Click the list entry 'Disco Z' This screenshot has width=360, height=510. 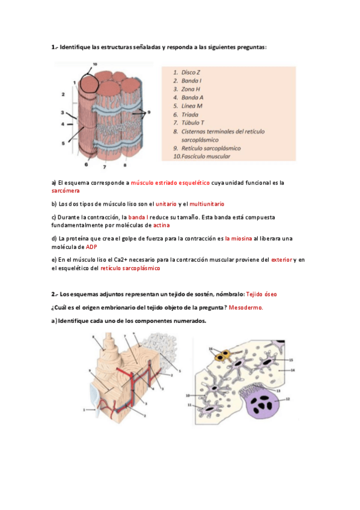191,72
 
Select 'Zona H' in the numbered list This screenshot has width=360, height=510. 191,89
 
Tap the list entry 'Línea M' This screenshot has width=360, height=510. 192,106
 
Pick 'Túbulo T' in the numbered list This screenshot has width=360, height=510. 193,123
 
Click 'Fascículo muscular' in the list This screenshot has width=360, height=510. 206,156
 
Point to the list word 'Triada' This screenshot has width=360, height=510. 190,114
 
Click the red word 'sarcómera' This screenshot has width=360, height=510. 66,191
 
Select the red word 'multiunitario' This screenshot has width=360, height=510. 207,204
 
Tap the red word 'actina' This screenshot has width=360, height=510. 162,226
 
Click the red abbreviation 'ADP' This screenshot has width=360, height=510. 91,247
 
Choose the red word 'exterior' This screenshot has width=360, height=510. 282,260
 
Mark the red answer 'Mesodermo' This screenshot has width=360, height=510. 246,308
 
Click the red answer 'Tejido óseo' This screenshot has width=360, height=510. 261,294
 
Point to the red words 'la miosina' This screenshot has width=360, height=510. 239,239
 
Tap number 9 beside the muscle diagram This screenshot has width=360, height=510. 149,112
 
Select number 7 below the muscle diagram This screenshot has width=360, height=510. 105,167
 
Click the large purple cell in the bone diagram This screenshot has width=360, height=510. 263,403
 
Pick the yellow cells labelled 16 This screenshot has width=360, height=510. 223,356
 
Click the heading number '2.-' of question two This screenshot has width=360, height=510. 55,294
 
